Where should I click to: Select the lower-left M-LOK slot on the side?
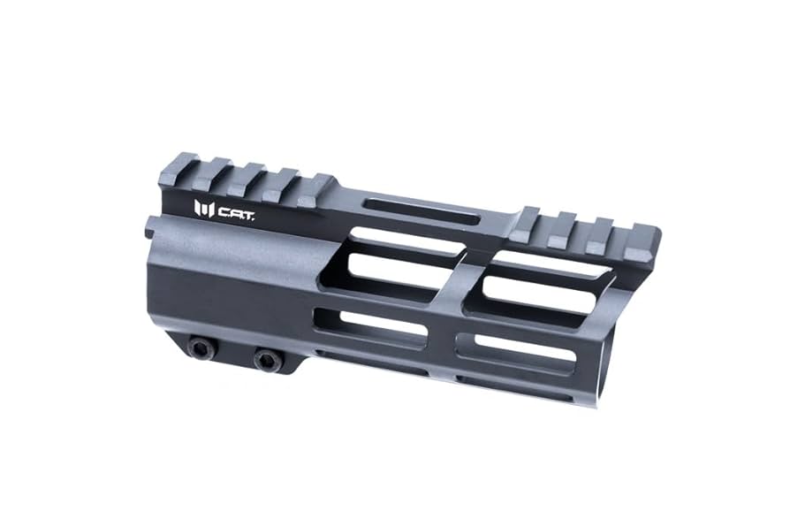[x=371, y=325]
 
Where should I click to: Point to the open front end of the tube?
[x=610, y=354]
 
